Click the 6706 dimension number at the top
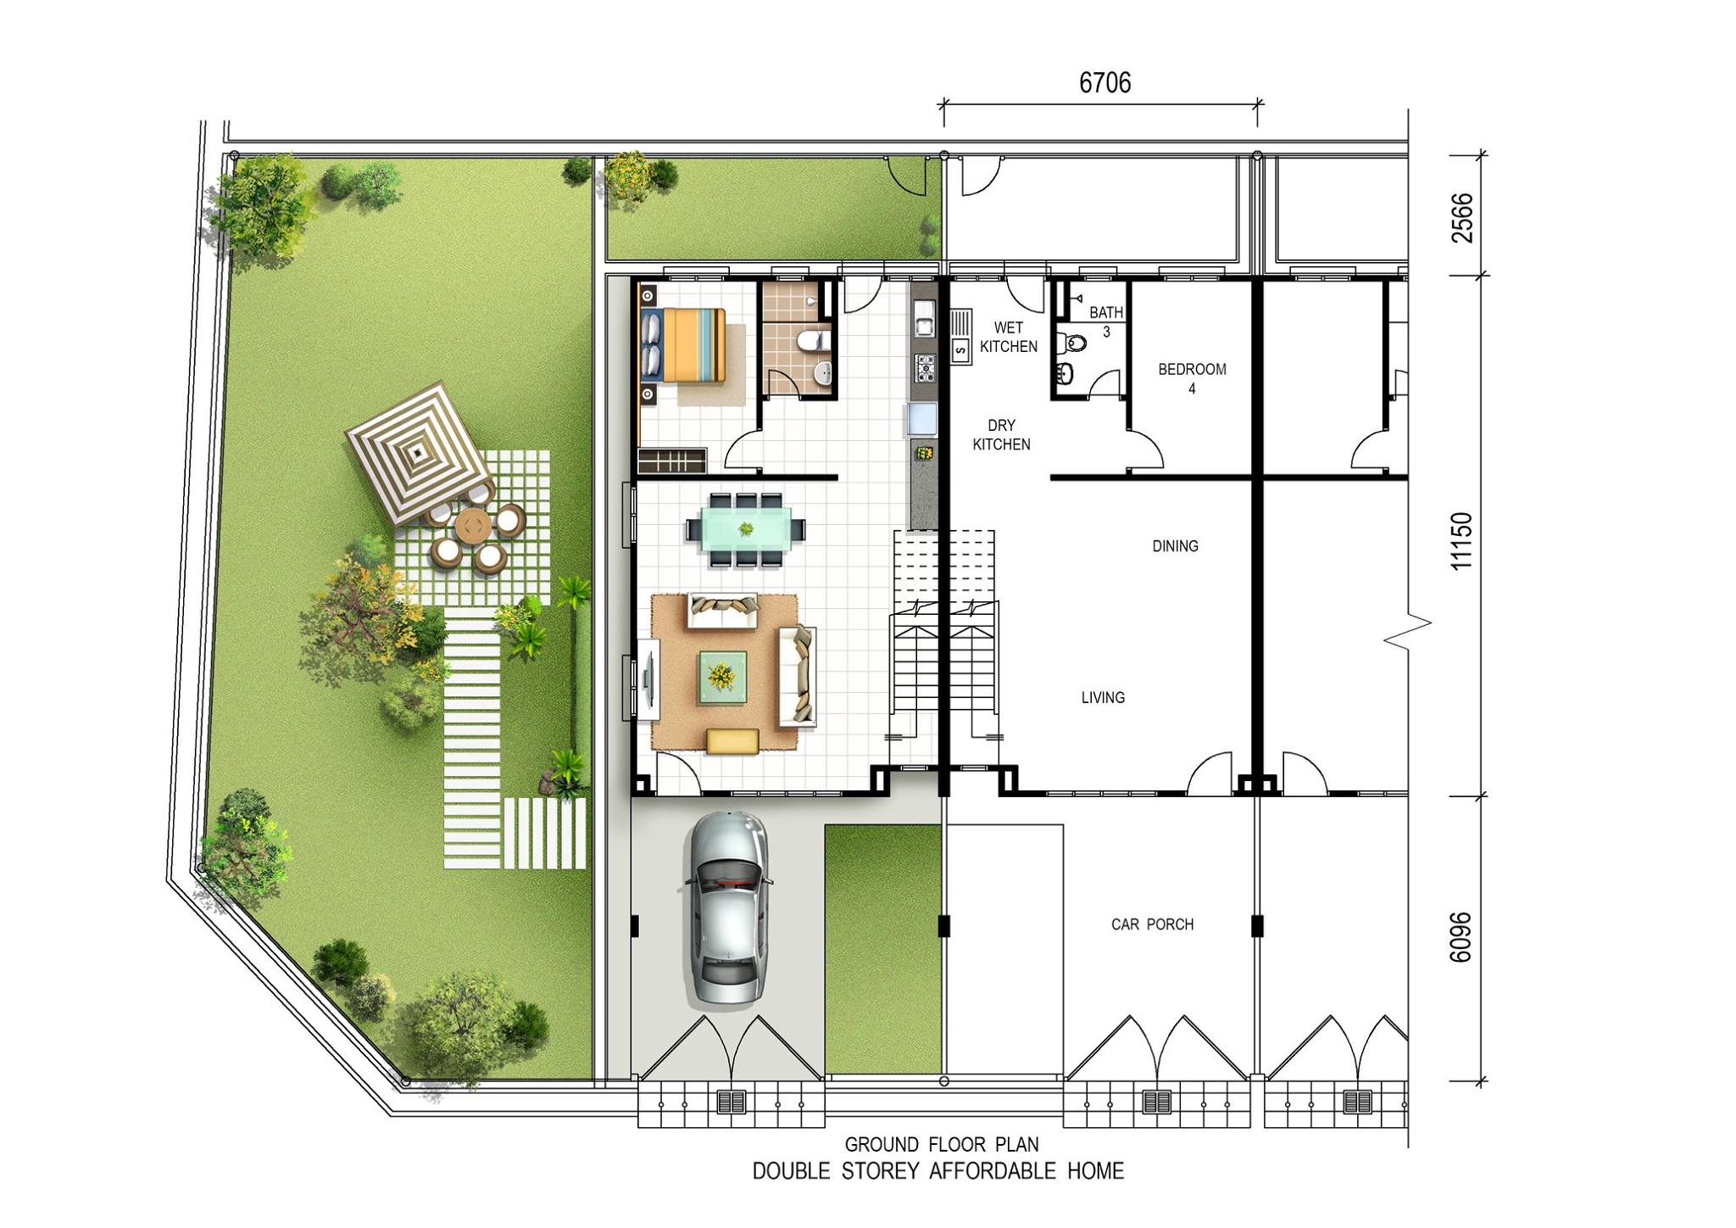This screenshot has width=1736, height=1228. (x=1104, y=82)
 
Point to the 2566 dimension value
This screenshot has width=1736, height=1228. (x=1462, y=218)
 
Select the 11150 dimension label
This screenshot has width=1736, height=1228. (x=1462, y=541)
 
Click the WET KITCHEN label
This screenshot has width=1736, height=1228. (x=1009, y=337)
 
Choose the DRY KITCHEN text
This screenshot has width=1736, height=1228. (x=1001, y=434)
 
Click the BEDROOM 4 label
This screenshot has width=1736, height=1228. (x=1192, y=378)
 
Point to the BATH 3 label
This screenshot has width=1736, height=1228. (x=1106, y=321)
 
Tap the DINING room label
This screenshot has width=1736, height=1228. (x=1175, y=546)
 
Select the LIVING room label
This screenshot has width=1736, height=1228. (x=1103, y=698)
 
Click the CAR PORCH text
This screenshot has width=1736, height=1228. (x=1152, y=924)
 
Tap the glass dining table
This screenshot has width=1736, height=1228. (x=745, y=529)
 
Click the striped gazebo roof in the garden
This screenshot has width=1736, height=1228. (x=417, y=453)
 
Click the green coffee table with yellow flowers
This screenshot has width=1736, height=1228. (x=722, y=677)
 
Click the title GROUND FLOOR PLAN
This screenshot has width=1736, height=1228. (x=941, y=1145)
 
